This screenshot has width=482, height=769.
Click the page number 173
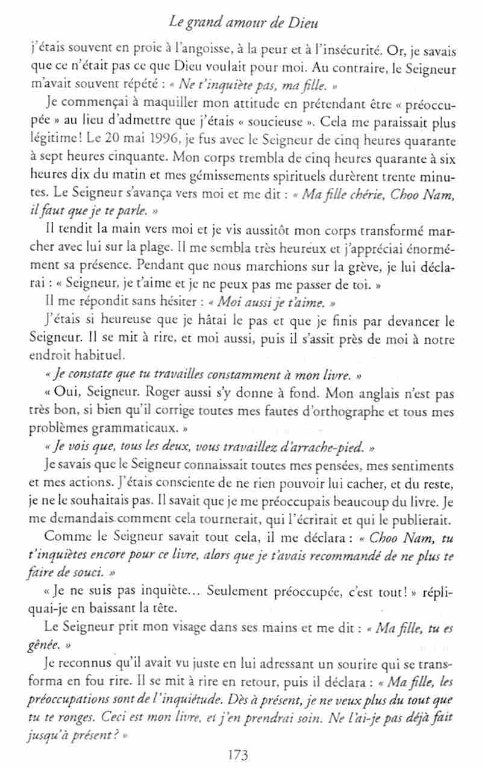(240, 754)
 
